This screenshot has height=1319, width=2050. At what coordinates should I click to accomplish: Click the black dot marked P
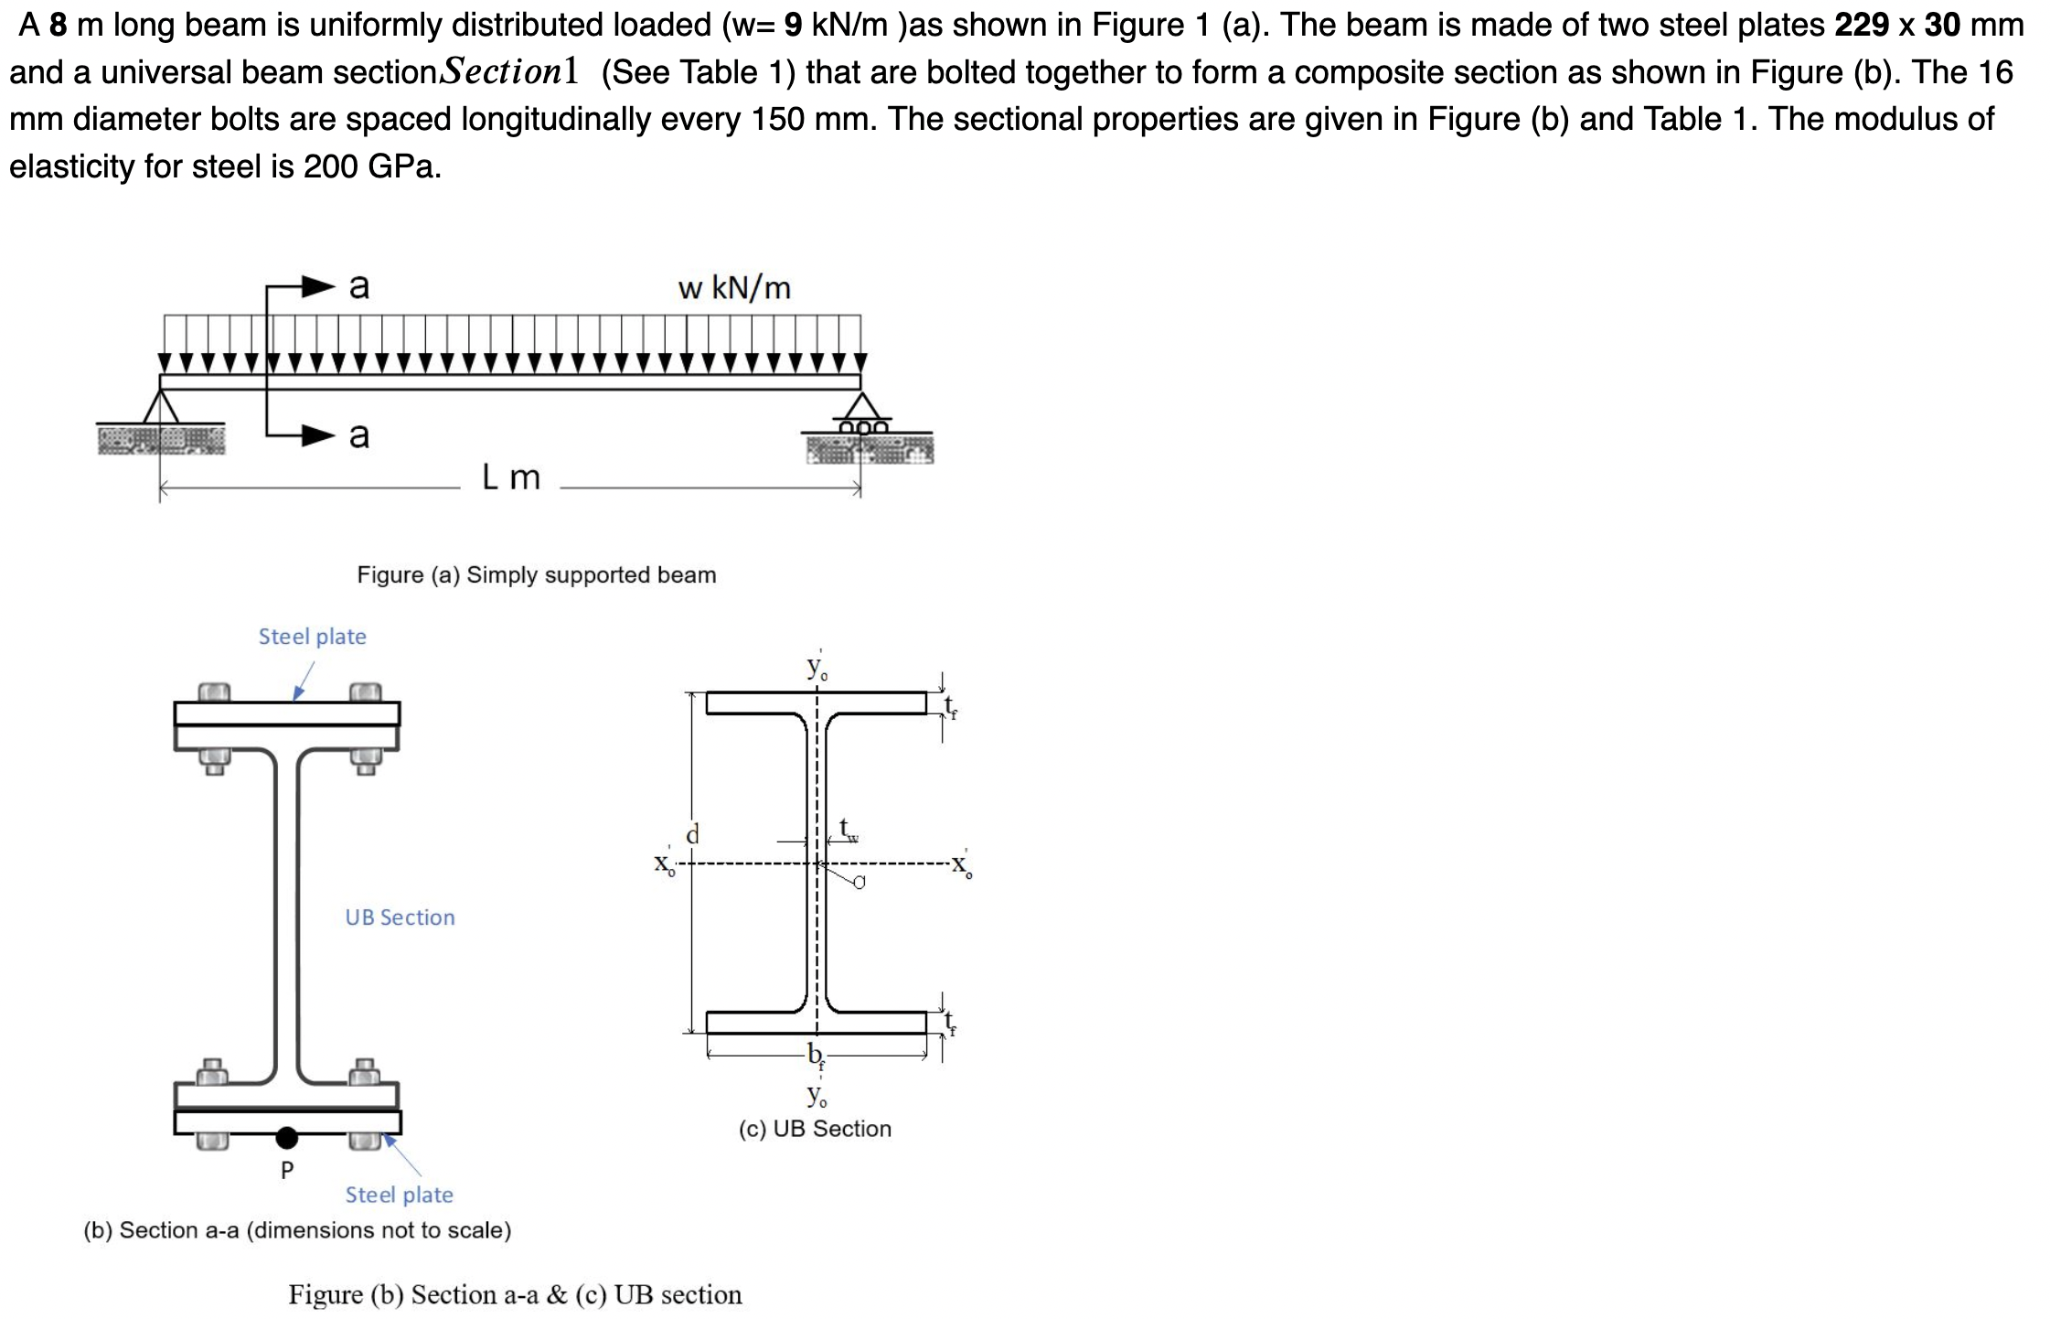(286, 1137)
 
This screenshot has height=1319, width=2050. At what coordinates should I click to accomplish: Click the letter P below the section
(286, 1170)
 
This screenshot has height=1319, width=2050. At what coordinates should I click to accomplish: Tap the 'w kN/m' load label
(733, 288)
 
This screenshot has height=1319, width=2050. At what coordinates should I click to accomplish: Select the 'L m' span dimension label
(511, 477)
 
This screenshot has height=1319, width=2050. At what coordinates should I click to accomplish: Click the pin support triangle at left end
(161, 407)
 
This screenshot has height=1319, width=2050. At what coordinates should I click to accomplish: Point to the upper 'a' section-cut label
(359, 286)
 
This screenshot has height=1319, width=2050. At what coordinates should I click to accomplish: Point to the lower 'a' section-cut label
(359, 434)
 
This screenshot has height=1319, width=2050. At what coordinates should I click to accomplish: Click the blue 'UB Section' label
(400, 917)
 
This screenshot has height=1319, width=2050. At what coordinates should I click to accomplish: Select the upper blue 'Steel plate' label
(312, 637)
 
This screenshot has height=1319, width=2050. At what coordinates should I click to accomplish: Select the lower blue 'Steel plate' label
(399, 1195)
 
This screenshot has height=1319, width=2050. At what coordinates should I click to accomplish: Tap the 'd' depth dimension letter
(692, 834)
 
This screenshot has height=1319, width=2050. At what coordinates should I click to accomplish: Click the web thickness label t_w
(848, 829)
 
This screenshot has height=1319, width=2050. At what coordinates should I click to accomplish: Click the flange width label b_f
(815, 1055)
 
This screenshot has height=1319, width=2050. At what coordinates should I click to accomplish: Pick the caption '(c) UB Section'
(814, 1129)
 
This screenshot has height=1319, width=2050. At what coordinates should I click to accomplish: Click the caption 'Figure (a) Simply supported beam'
(536, 575)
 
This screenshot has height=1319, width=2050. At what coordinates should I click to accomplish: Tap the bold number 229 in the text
(1861, 25)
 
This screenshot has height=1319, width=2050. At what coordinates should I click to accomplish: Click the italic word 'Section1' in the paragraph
(509, 71)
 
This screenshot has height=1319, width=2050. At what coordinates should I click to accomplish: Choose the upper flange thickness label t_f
(950, 706)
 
